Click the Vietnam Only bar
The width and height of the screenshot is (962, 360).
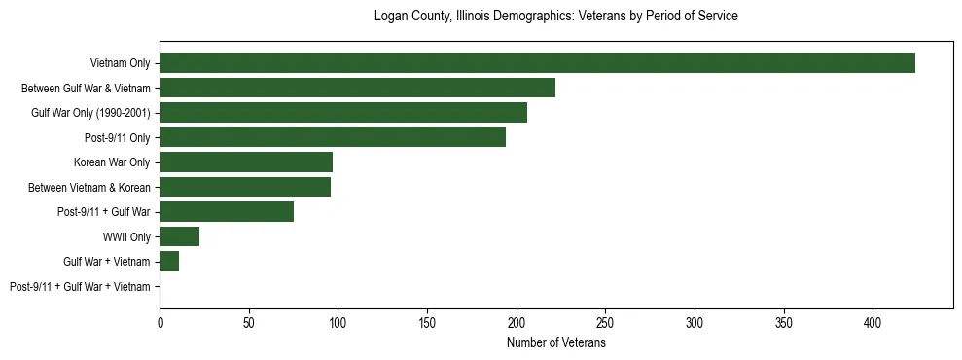[537, 63]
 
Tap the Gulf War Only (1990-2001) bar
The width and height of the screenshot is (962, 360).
[343, 113]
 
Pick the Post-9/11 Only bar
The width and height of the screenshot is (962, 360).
[333, 137]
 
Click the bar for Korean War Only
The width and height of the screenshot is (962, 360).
[246, 162]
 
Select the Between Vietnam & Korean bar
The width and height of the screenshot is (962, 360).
[245, 187]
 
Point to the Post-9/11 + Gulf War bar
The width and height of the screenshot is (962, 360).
[227, 212]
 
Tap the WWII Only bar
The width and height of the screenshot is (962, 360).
[179, 236]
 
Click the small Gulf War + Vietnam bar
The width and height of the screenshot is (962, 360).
[169, 262]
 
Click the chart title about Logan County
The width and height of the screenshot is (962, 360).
[556, 17]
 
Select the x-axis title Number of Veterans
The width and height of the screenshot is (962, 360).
[556, 343]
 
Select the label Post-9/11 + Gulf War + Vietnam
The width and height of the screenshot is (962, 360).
[80, 287]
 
